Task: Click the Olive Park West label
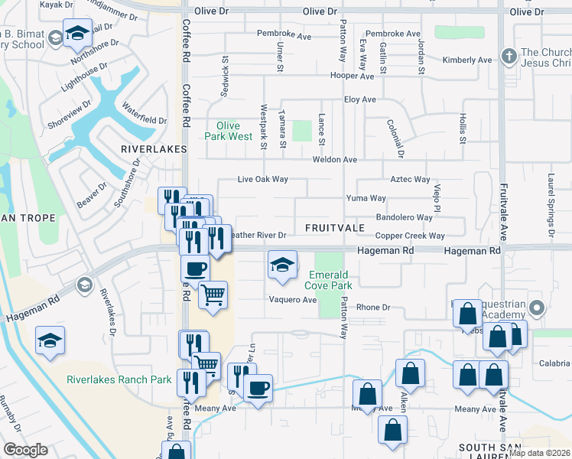229,131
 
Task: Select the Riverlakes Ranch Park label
119,379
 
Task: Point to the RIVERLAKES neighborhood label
149,148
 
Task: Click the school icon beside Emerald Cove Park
282,265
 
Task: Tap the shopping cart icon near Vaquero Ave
213,295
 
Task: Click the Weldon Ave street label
335,160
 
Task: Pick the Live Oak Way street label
262,179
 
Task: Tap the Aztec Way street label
411,179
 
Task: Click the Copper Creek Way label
410,236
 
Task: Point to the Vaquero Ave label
291,300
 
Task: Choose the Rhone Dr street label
373,308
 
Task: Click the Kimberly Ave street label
466,60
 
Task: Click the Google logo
25,450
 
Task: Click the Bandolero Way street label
405,217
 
